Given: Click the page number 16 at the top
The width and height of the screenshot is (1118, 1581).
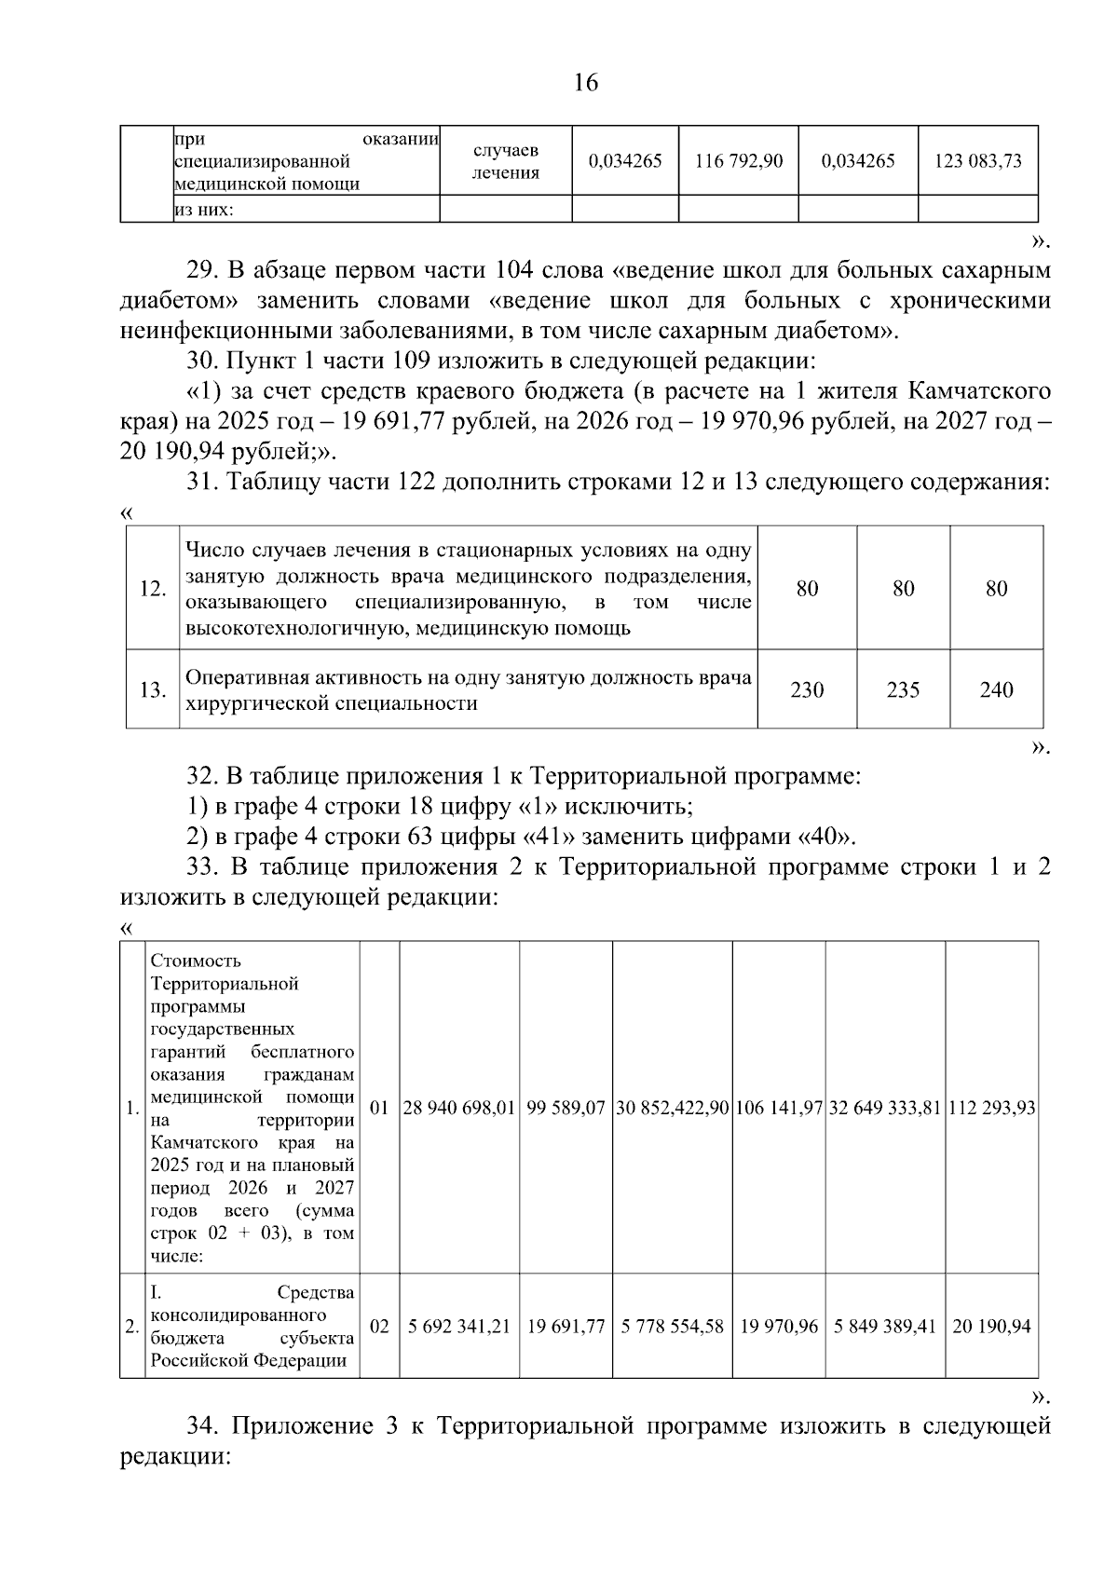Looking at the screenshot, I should click(585, 83).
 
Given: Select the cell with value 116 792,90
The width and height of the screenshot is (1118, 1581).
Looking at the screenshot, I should click(739, 161).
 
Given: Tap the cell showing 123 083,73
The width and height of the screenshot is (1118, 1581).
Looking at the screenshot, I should click(977, 161).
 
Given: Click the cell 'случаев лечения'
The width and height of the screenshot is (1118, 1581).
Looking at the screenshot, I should click(505, 161).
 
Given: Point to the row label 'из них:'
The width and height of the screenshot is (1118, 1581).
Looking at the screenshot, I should click(204, 210).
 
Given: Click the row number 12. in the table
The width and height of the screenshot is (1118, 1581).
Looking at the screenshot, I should click(153, 589).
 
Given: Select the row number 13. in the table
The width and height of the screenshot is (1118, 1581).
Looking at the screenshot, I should click(153, 690).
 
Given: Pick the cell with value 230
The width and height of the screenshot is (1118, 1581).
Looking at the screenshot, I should click(807, 690).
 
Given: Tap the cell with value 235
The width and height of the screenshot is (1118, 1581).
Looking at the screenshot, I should click(903, 690).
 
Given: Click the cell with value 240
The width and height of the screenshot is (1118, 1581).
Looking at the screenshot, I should click(996, 690).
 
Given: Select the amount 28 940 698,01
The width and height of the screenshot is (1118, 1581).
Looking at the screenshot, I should click(459, 1109).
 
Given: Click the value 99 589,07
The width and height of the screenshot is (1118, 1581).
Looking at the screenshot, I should click(566, 1109).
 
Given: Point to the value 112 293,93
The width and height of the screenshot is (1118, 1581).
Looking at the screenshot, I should click(991, 1109).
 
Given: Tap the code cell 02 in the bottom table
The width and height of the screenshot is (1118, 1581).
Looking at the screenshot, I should click(379, 1326).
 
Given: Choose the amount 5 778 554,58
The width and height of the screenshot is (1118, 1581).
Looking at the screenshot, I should click(673, 1326).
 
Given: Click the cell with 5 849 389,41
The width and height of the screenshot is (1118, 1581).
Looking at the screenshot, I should click(885, 1326).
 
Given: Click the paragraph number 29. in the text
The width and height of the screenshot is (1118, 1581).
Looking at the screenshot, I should click(202, 271).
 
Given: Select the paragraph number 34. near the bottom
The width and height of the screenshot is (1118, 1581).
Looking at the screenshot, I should click(202, 1426).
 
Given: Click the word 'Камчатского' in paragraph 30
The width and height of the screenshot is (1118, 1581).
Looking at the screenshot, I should click(980, 390).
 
